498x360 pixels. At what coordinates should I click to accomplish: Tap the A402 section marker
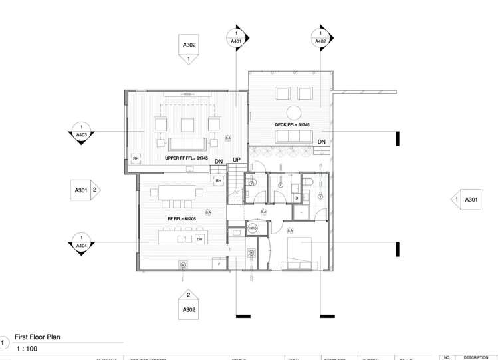[320, 39]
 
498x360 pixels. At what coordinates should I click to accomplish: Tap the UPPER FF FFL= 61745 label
[186, 158]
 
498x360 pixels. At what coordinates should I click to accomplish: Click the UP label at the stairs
[236, 160]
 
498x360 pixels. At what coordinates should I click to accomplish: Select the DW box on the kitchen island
[199, 239]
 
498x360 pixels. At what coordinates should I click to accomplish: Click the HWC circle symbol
[252, 228]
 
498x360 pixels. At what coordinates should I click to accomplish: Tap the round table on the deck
[294, 112]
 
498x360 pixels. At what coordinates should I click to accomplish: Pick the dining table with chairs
[177, 192]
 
